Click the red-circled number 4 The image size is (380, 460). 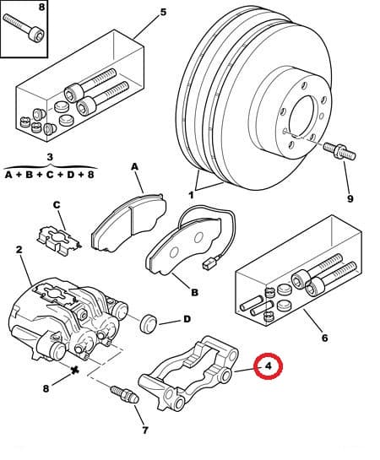coord(268,366)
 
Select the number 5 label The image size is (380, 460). coord(163,12)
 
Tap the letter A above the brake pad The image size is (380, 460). coord(134,167)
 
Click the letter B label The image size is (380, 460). coord(194,293)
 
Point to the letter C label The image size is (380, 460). coord(57,204)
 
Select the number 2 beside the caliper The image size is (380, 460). coord(18,250)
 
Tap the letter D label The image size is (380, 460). coord(187,320)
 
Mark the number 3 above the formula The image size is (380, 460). coord(50,157)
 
